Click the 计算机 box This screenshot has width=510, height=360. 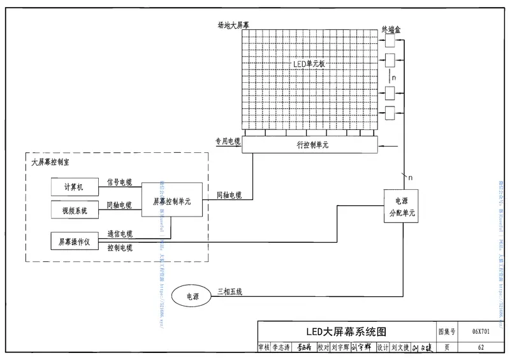pyautogui.click(x=75, y=187)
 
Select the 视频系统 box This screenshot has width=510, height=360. pyautogui.click(x=75, y=209)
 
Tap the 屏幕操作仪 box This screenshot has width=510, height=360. pyautogui.click(x=75, y=241)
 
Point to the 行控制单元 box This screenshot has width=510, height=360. pyautogui.click(x=310, y=145)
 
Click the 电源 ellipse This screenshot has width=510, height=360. pyautogui.click(x=192, y=296)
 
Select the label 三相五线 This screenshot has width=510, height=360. pyautogui.click(x=229, y=291)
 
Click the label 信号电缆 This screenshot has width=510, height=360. pyautogui.click(x=119, y=182)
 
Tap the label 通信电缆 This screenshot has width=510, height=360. pyautogui.click(x=119, y=234)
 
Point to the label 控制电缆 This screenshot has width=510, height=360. pyautogui.click(x=119, y=247)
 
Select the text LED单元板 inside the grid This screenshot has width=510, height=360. pyautogui.click(x=310, y=64)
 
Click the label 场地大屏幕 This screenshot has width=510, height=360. pyautogui.click(x=234, y=25)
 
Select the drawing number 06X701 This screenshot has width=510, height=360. pyautogui.click(x=481, y=332)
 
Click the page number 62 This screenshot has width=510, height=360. pyautogui.click(x=481, y=348)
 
